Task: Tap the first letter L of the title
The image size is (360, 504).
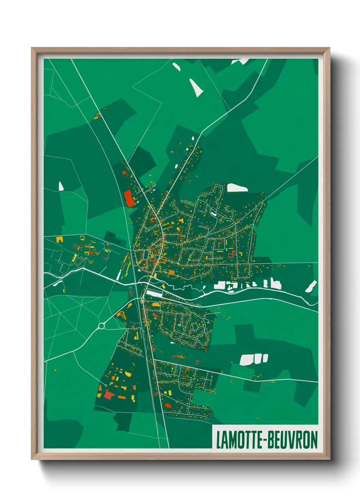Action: pyautogui.click(x=218, y=440)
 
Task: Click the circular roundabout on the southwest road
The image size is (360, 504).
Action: pyautogui.click(x=101, y=326)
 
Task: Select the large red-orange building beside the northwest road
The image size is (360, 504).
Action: pyautogui.click(x=129, y=199)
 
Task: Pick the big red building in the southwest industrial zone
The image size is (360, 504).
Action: pyautogui.click(x=109, y=395)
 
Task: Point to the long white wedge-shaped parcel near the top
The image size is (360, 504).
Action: pyautogui.click(x=196, y=88)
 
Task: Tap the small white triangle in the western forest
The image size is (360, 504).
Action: pyautogui.click(x=61, y=186)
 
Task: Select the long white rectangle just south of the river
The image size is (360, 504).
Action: pyautogui.click(x=154, y=294)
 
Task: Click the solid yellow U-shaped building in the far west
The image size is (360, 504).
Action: pyautogui.click(x=60, y=239)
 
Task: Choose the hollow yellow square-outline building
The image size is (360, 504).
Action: pyautogui.click(x=82, y=237)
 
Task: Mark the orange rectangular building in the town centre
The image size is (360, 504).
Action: pyautogui.click(x=171, y=272)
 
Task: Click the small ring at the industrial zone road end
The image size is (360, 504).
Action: pyautogui.click(x=106, y=385)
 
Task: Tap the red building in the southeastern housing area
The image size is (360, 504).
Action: pyautogui.click(x=167, y=405)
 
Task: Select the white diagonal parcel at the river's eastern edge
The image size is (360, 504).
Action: pyautogui.click(x=311, y=286)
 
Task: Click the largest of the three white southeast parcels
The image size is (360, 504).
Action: pyautogui.click(x=246, y=360)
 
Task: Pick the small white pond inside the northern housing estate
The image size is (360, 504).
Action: pyautogui.click(x=213, y=214)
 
